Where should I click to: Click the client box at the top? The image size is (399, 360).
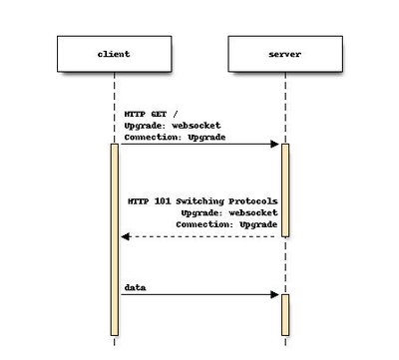[115, 53]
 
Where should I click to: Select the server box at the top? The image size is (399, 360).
[284, 53]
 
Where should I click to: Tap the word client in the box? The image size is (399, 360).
[115, 53]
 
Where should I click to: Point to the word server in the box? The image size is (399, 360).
[284, 53]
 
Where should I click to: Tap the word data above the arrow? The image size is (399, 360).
[136, 287]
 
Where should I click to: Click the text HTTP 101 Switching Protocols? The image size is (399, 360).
[202, 201]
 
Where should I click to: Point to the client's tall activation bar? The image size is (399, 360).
[115, 239]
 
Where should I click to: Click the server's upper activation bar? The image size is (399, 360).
[284, 189]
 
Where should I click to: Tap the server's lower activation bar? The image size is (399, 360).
[284, 314]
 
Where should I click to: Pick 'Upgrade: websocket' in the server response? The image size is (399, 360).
[228, 212]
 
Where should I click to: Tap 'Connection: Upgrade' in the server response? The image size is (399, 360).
[226, 224]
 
